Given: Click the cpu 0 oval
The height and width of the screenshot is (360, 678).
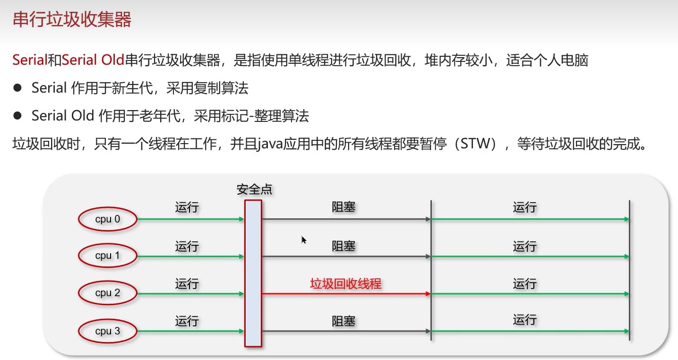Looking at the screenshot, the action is coord(107,219).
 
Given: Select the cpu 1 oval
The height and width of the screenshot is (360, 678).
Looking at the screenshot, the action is coord(107,256).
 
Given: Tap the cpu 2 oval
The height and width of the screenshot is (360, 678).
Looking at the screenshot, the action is coord(107,293).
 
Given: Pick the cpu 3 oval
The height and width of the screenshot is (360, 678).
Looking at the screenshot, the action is coord(107,331).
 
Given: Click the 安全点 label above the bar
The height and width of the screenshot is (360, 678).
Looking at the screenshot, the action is coord(254,190).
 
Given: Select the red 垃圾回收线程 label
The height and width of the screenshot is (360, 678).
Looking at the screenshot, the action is coord(345,284).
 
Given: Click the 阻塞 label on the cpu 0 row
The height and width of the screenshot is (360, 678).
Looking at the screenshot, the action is coord(343,207).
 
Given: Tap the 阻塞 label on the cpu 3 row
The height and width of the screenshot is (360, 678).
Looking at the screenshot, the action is coord(343,321).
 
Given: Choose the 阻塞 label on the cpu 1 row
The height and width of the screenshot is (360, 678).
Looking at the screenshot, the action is coord(343,246).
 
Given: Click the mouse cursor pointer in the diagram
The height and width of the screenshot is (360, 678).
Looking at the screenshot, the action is coord(304,240).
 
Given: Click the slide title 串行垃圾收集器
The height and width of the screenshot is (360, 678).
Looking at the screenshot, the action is coord(72,20).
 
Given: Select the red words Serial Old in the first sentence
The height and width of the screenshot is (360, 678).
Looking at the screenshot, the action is coord(93,60).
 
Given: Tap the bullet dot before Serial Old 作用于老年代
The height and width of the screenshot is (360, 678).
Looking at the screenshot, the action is coord(18,116).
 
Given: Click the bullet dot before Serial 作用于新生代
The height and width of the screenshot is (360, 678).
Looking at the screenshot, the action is coord(18,88).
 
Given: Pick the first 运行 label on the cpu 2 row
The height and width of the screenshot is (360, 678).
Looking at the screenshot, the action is coord(187,284).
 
